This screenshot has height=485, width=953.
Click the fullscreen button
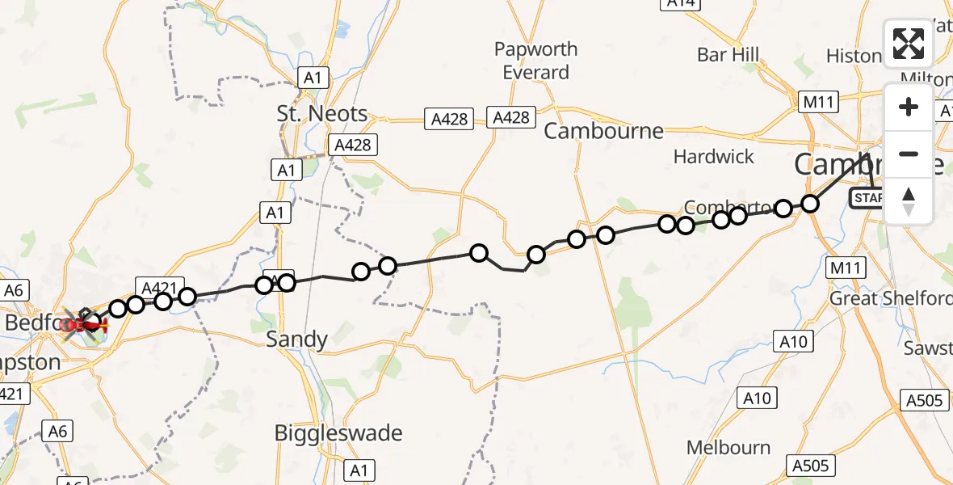908,44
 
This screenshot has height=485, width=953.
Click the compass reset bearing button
908,201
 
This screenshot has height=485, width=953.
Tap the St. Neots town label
321,114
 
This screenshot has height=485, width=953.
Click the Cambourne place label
603,131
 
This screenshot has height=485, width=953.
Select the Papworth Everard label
536,61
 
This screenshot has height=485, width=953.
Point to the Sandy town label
297,339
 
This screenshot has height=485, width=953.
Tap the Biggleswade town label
338,433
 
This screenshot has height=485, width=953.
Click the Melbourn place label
728,448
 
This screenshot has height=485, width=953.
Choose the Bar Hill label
728,55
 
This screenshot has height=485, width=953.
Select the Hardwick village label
714,157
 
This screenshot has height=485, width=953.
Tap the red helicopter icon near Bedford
84,325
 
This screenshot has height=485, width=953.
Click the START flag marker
868,197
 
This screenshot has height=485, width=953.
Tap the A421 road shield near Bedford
158,287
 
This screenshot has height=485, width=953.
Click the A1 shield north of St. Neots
313,78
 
